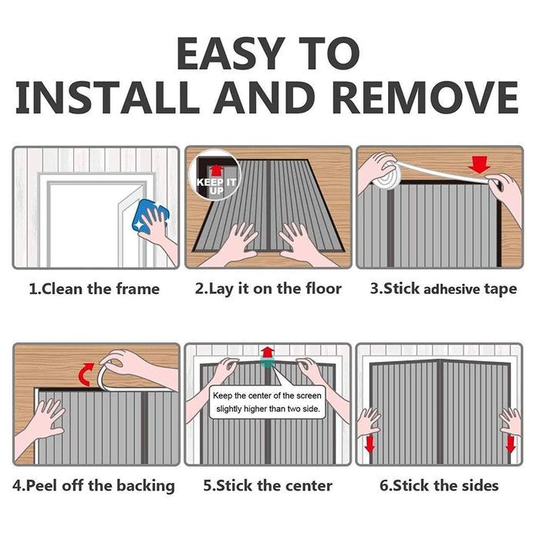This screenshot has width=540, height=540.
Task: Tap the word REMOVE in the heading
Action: click(425, 96)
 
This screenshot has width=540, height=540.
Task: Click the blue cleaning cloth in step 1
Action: click(150, 217)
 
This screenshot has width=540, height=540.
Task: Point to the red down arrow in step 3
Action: click(479, 164)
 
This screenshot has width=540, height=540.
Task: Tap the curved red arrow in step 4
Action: click(86, 374)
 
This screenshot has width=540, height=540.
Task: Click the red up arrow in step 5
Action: click(267, 353)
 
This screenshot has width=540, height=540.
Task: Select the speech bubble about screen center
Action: click(268, 402)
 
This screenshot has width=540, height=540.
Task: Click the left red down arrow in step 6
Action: click(370, 444)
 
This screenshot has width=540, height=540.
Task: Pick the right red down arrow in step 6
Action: click(510, 444)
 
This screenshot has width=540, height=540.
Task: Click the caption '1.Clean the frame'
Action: click(94, 289)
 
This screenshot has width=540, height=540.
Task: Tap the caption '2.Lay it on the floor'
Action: click(268, 289)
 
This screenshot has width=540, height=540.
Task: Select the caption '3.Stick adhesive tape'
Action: click(444, 289)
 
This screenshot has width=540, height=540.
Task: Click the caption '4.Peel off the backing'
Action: click(93, 486)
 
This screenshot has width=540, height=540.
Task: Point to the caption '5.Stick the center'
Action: click(268, 486)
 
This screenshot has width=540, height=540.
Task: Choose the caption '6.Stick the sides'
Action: click(439, 486)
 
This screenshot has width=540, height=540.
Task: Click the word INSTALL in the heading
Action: click(107, 96)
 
